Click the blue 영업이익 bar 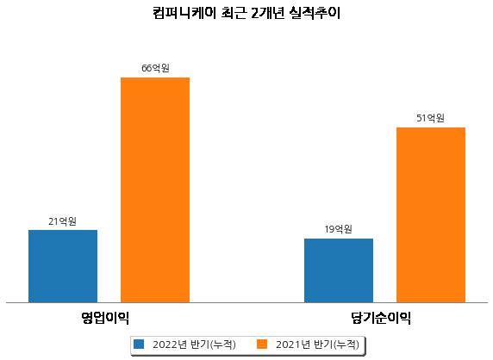(x=63, y=266)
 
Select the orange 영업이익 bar (x=155, y=190)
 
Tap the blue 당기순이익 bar (x=339, y=270)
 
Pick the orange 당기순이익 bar (x=431, y=215)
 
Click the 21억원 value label (x=63, y=222)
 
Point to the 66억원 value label (x=155, y=68)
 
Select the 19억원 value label (x=339, y=229)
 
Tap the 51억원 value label (x=430, y=118)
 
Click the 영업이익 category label (x=105, y=318)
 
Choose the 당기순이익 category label (x=381, y=318)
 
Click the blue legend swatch (x=139, y=344)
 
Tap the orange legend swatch (x=262, y=344)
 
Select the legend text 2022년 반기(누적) (x=194, y=344)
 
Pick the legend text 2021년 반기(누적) (x=317, y=344)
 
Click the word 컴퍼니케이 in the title (x=184, y=13)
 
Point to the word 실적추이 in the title (x=315, y=13)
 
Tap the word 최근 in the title (x=233, y=13)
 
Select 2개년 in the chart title (x=267, y=13)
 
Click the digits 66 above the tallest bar (x=147, y=68)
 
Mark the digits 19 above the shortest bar (x=329, y=229)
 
